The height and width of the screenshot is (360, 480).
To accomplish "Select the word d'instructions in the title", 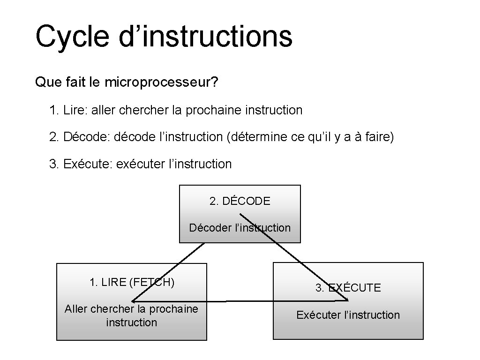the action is click(x=206, y=37).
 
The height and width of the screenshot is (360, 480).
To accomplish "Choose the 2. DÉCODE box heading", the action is click(x=240, y=201).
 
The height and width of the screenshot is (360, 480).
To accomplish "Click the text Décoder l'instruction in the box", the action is click(x=240, y=228).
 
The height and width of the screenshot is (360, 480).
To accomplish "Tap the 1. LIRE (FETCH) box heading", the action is click(x=132, y=282).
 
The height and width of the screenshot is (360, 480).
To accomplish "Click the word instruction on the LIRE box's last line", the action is click(x=132, y=322).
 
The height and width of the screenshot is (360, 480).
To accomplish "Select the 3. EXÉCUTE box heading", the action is click(x=348, y=288).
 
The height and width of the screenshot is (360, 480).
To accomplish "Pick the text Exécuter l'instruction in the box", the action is click(x=348, y=315).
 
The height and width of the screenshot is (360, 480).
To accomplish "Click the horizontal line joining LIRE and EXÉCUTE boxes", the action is click(x=248, y=301).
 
